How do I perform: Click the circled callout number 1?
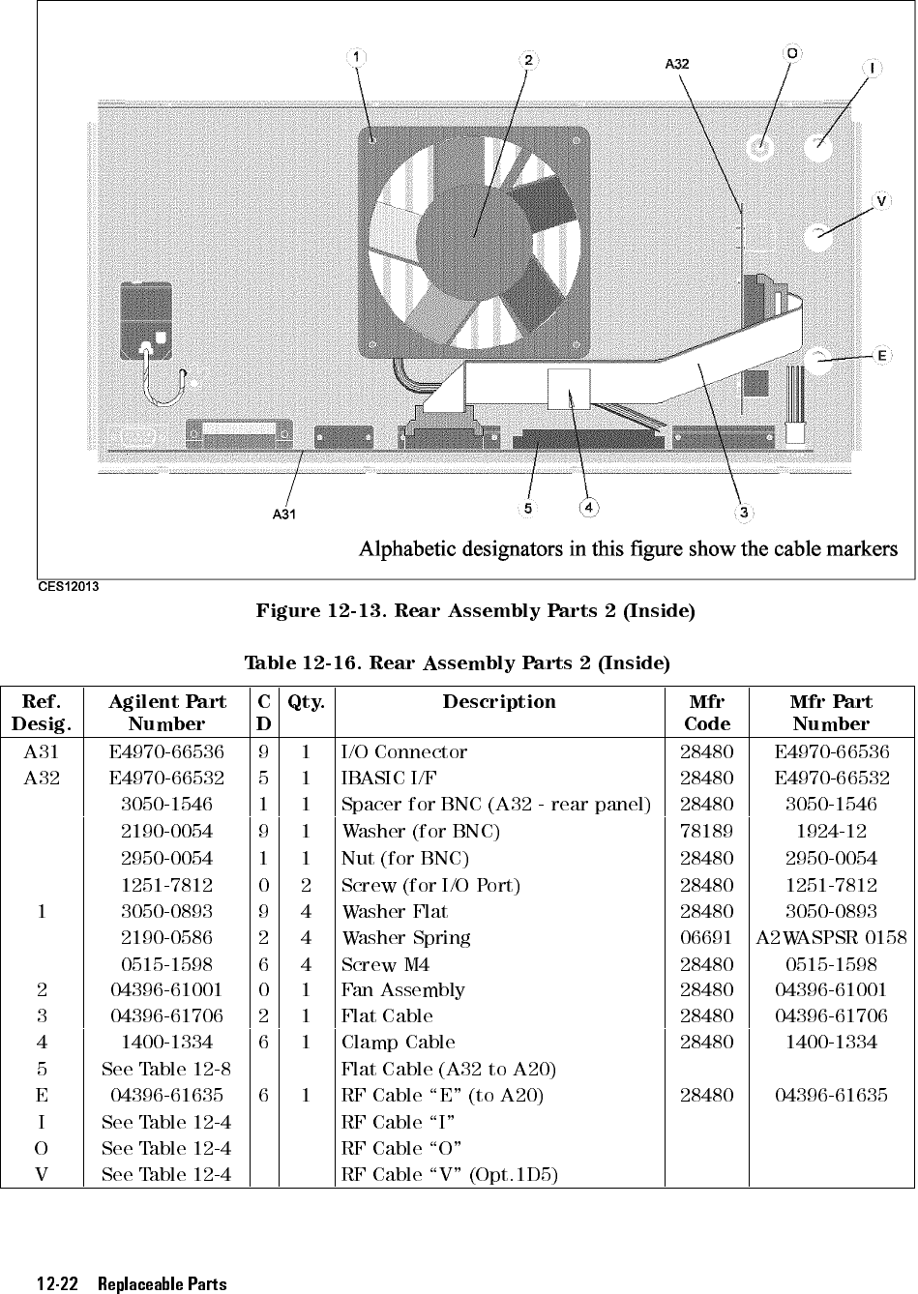(x=358, y=56)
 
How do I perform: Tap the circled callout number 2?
(x=528, y=59)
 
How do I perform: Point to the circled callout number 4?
(x=588, y=507)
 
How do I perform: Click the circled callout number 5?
(x=528, y=507)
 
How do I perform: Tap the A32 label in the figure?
(x=677, y=64)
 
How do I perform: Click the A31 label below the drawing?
(x=283, y=515)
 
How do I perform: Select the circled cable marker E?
(x=881, y=356)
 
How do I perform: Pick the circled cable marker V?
(x=881, y=201)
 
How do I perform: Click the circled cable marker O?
(x=792, y=52)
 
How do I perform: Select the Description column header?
(x=499, y=702)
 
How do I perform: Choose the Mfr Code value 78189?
(x=707, y=831)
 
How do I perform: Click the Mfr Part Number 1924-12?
(x=832, y=831)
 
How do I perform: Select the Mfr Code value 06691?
(x=707, y=937)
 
